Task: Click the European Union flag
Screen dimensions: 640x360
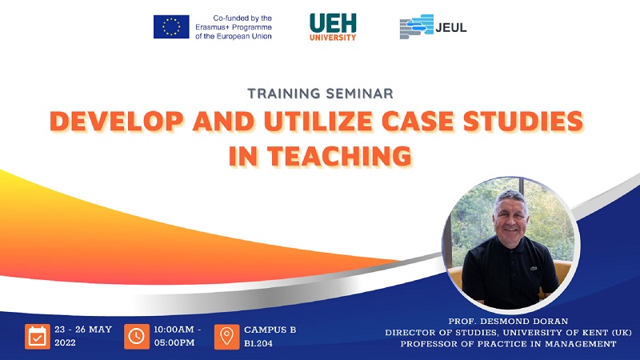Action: coord(171,27)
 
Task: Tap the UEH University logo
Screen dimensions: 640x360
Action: coord(333,27)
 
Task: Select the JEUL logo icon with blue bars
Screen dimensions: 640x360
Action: coord(416,26)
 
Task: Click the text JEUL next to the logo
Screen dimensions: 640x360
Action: coord(451,28)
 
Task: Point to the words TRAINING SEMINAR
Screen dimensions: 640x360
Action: coord(321,94)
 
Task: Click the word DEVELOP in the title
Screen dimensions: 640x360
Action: coord(117,122)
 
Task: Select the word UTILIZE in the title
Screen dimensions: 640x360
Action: coord(318,122)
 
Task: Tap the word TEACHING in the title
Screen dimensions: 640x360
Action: coord(339,156)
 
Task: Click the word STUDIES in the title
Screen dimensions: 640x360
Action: coord(523,122)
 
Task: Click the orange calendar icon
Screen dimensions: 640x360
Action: coord(38,336)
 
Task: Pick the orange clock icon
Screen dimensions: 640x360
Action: coord(136,336)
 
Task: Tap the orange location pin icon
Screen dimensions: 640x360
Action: coord(227,336)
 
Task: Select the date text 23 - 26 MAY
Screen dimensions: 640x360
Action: coord(83,330)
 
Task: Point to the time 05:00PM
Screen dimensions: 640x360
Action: coord(174,343)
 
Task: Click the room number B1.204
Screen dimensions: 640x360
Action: coord(258,344)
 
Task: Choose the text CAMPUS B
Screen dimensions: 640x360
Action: coord(270,330)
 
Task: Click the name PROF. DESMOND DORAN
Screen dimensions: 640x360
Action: coord(508,322)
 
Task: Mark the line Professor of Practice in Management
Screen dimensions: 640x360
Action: coord(508,344)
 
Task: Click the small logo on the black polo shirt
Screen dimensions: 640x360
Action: coord(533,268)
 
